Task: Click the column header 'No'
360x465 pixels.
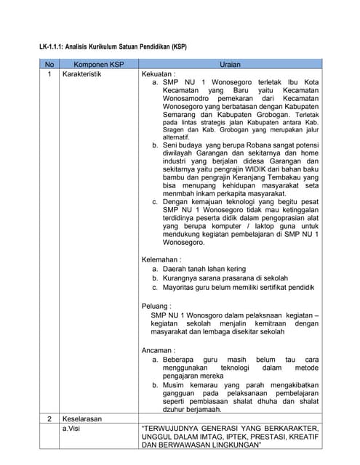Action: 49,64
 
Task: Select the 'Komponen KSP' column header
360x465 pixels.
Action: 97,64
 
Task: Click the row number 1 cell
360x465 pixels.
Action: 49,74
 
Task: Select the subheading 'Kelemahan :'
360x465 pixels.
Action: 161,259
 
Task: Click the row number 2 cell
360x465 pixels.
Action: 49,419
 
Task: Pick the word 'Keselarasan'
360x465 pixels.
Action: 82,419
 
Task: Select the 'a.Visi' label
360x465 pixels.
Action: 73,429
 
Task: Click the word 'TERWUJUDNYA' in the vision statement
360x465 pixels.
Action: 177,429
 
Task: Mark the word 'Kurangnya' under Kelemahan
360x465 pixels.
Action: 180,278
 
